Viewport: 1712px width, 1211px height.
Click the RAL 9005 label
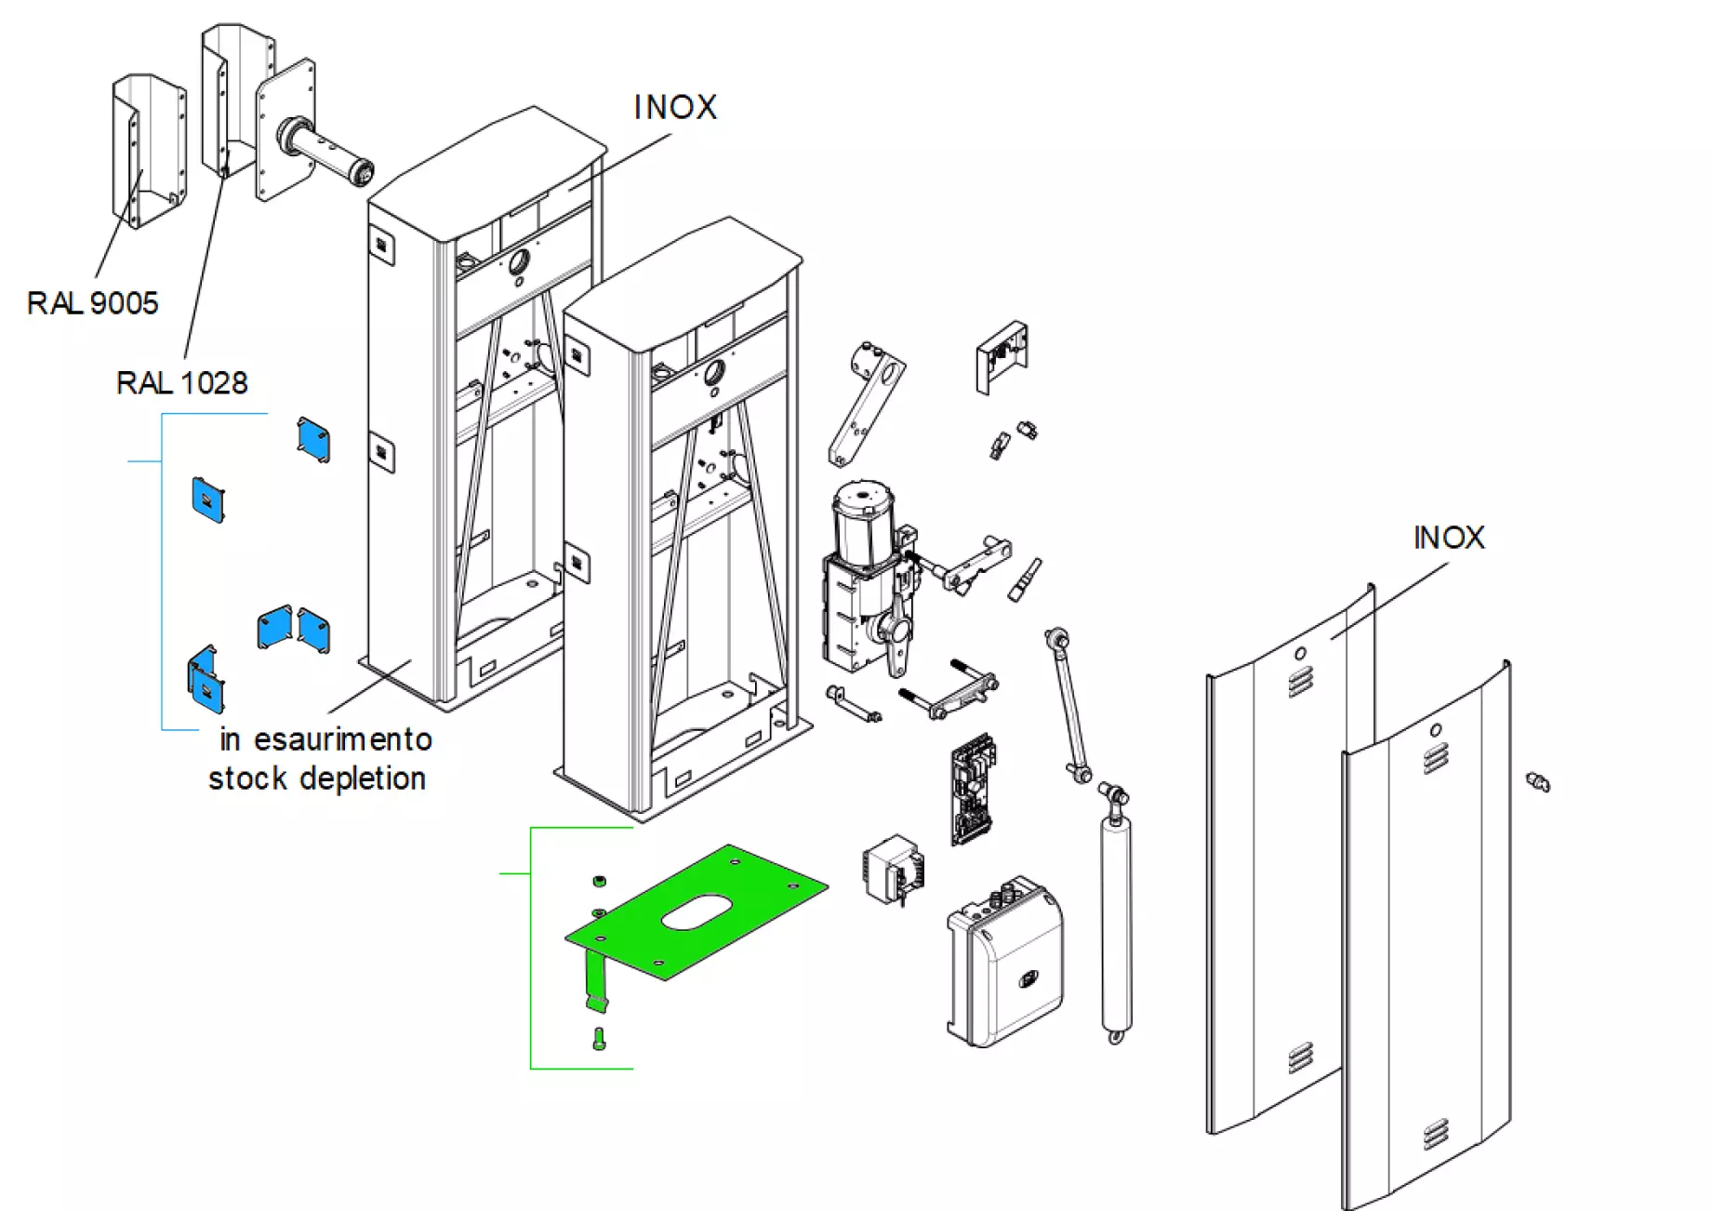[92, 303]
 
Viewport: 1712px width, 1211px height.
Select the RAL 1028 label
[181, 383]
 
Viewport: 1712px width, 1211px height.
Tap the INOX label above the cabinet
[675, 108]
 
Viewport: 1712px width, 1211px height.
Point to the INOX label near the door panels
[1448, 538]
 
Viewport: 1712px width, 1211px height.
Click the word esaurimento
[342, 740]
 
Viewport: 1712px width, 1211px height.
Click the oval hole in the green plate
[697, 912]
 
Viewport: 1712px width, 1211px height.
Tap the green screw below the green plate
[598, 1038]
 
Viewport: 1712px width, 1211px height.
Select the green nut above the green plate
[600, 880]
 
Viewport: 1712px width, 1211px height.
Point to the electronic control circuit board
[973, 789]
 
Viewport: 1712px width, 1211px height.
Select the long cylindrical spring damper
[1115, 921]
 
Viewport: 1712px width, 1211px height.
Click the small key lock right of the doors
[1538, 782]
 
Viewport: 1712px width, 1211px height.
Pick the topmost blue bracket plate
[313, 440]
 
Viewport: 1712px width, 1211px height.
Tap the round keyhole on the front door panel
[1435, 730]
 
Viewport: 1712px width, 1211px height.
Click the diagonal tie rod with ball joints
[1068, 705]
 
